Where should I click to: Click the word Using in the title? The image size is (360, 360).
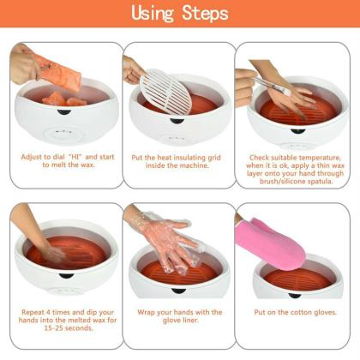point(154,14)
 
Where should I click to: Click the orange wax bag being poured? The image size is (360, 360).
point(56,71)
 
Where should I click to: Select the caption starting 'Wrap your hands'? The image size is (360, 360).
point(179,317)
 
